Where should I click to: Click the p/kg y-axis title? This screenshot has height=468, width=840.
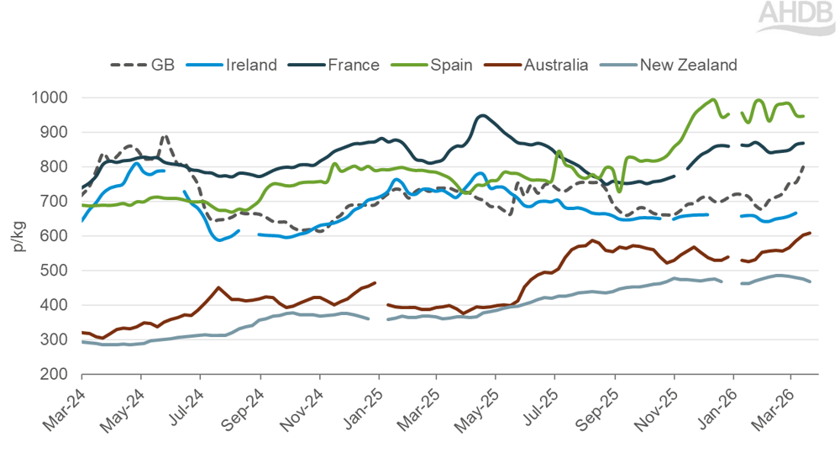click(18, 234)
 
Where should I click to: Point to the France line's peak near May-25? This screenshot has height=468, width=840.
click(481, 116)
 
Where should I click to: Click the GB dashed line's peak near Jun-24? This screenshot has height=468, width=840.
click(165, 134)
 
